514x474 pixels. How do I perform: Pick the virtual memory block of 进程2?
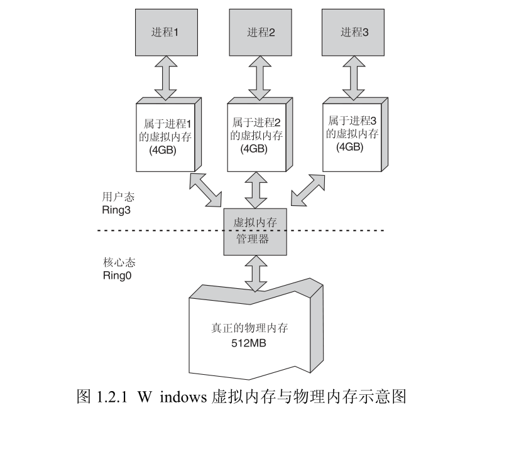tap(257, 136)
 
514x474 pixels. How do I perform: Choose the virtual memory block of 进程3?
tap(353, 134)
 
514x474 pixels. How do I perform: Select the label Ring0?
tap(116, 275)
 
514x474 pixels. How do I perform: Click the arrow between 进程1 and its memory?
tap(165, 78)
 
